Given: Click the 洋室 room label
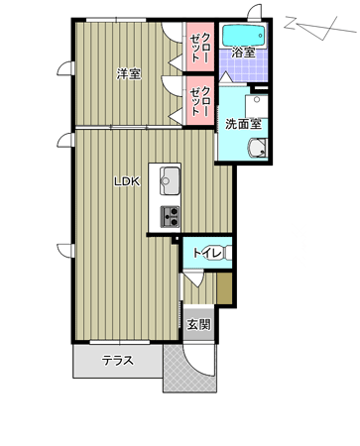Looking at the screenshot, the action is pyautogui.click(x=129, y=74).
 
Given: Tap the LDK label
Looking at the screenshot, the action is pyautogui.click(x=127, y=181).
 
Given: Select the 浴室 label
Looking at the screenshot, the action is pyautogui.click(x=243, y=52).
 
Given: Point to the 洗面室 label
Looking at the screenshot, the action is pyautogui.click(x=243, y=124).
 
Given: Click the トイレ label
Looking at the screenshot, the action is pyautogui.click(x=207, y=253).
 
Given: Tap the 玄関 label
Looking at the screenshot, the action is pyautogui.click(x=198, y=324).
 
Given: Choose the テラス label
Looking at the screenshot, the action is pyautogui.click(x=118, y=360).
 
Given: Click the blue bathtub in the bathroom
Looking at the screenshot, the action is pyautogui.click(x=244, y=35).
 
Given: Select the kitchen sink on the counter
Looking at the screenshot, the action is pyautogui.click(x=170, y=181).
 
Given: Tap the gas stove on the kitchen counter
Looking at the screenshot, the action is pyautogui.click(x=170, y=216).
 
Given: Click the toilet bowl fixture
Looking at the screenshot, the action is pyautogui.click(x=227, y=253).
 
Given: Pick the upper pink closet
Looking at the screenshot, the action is pyautogui.click(x=199, y=47).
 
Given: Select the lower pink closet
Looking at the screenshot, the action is pyautogui.click(x=199, y=101).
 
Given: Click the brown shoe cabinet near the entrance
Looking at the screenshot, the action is pyautogui.click(x=224, y=287).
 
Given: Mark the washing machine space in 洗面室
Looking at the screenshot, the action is pyautogui.click(x=257, y=106).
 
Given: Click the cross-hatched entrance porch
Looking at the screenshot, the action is pyautogui.click(x=189, y=369).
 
